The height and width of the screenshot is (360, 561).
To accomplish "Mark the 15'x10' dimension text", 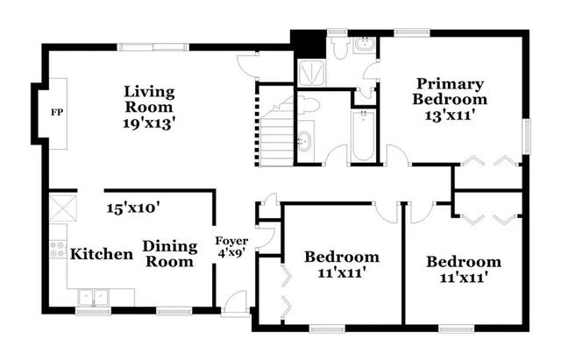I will pos(132,208).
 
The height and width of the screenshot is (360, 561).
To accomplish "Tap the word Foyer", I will pos(232,240).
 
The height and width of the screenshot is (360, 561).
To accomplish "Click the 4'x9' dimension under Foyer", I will pos(232,253).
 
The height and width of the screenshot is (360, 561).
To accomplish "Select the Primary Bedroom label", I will pos(450,91).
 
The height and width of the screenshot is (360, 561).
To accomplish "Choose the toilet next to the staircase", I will pos(309,105).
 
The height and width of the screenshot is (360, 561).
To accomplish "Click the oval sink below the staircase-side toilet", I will pos(304,140).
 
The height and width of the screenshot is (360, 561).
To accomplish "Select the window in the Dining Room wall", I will pos(174,309).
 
